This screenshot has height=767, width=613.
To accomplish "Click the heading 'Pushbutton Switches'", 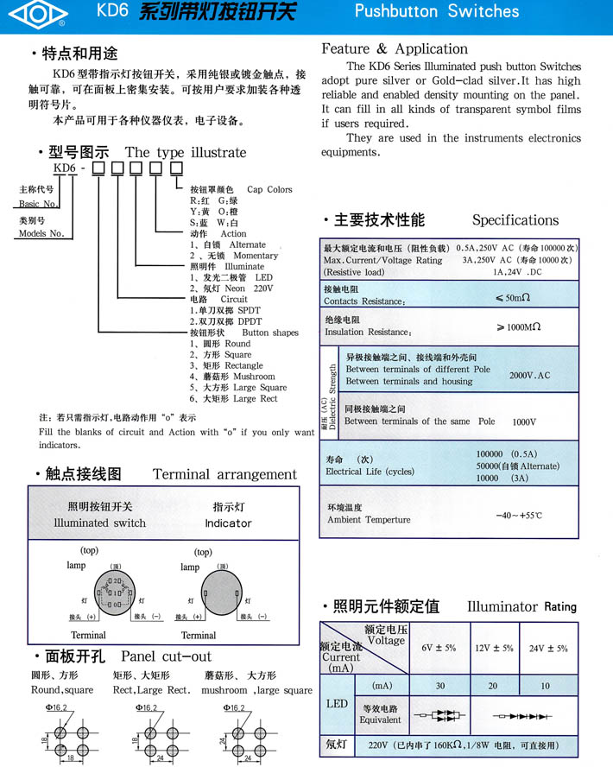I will coord(437,12).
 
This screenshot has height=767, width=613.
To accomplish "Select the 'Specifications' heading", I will coord(515,220).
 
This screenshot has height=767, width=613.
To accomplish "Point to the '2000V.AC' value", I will coord(529,376).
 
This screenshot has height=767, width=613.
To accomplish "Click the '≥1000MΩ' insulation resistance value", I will coord(519,327).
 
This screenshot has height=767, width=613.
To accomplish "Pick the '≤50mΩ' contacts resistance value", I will coord(517,297).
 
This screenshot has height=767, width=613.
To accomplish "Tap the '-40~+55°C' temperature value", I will coord(518,515).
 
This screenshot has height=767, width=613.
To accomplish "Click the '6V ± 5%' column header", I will coord(438,648).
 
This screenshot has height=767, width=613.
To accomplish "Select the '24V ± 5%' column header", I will coord(548,648).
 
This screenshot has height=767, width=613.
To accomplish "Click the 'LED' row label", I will coord(337,703).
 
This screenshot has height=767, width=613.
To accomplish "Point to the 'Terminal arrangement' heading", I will coord(224,474).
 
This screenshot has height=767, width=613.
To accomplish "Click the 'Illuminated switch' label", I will coord(100,523).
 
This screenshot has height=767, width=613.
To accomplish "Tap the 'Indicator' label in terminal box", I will coord(228,523).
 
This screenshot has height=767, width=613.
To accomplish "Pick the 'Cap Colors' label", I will coord(269,189).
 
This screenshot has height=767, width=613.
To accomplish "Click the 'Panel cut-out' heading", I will coord(166,656).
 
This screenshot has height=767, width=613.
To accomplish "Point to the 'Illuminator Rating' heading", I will coord(521,607).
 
